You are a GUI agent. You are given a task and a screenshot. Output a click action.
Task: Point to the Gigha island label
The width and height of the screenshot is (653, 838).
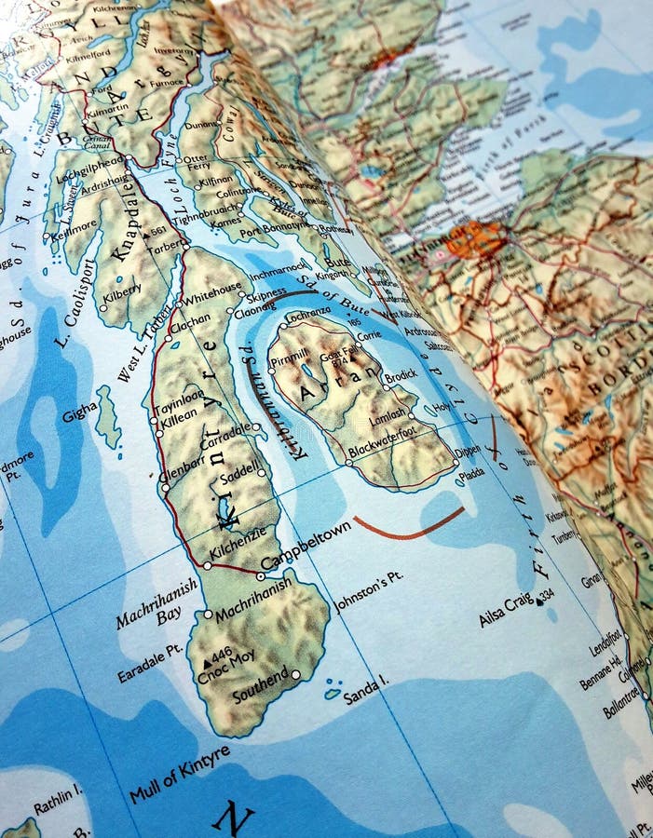pos(79,412)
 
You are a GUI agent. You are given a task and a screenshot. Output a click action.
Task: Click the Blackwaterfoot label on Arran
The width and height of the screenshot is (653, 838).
pos(381,449)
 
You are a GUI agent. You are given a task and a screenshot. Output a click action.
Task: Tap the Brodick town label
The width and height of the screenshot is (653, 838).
pos(401,373)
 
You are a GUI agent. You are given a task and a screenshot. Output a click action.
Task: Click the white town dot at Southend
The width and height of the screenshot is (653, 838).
pos(296,674)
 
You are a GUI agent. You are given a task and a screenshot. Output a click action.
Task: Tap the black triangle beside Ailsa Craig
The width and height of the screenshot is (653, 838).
pos(539,601)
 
